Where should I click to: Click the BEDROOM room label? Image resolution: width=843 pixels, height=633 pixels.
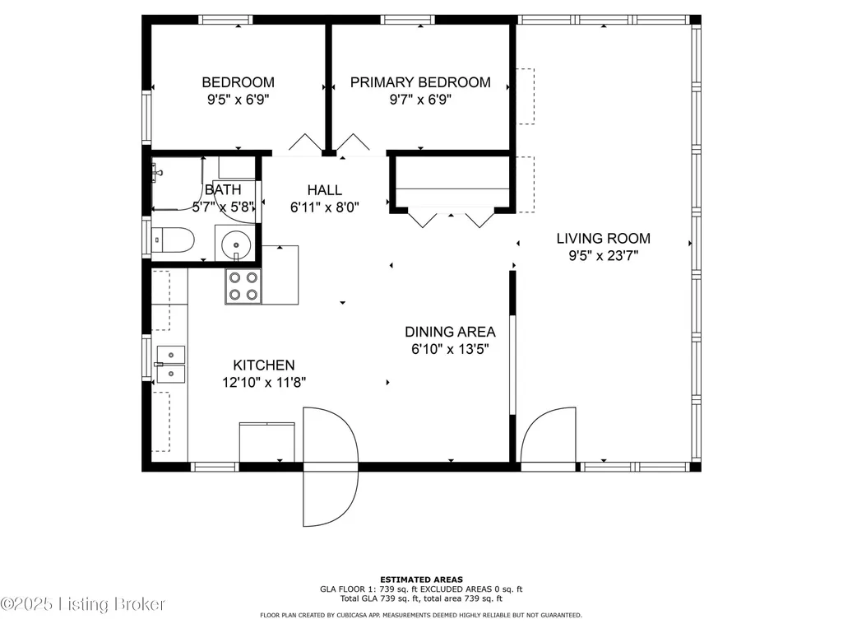pyautogui.click(x=239, y=82)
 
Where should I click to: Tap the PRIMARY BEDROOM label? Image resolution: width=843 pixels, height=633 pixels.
pyautogui.click(x=420, y=82)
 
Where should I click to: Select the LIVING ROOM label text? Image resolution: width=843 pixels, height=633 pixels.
pyautogui.click(x=603, y=239)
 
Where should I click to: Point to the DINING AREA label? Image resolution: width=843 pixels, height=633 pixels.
pyautogui.click(x=450, y=332)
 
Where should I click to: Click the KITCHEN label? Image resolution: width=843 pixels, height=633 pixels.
pyautogui.click(x=264, y=365)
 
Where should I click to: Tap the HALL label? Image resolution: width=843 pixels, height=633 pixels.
pyautogui.click(x=325, y=190)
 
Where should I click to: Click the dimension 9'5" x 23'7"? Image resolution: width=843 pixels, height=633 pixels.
pyautogui.click(x=603, y=256)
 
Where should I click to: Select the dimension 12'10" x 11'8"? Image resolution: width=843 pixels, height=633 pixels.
pyautogui.click(x=264, y=383)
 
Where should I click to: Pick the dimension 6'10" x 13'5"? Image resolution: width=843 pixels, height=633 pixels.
pyautogui.click(x=450, y=349)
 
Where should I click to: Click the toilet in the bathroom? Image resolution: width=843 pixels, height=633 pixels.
pyautogui.click(x=172, y=240)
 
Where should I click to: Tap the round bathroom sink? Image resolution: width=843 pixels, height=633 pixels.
pyautogui.click(x=236, y=245)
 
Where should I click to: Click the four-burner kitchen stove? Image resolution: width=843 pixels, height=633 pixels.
pyautogui.click(x=243, y=286)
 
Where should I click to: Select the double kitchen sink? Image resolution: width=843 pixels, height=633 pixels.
pyautogui.click(x=170, y=365)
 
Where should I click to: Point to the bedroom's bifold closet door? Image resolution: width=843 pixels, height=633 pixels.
pyautogui.click(x=306, y=142)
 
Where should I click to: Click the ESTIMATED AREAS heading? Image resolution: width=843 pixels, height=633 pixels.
pyautogui.click(x=421, y=579)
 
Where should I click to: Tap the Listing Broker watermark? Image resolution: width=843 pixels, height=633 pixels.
pyautogui.click(x=83, y=604)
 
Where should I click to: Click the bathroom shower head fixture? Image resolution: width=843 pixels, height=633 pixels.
pyautogui.click(x=157, y=174)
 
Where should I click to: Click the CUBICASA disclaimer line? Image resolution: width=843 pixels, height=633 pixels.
pyautogui.click(x=421, y=615)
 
